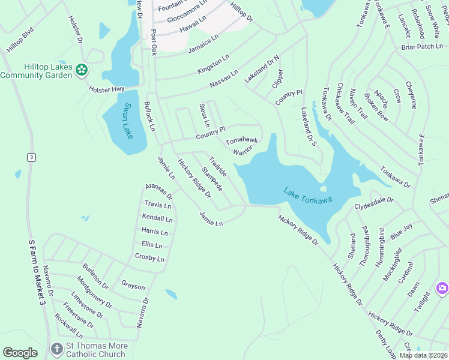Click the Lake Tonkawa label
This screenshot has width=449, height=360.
point(308,196)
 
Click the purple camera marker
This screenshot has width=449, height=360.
point(442,289)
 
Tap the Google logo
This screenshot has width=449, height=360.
point(20,353)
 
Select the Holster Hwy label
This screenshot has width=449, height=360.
point(106,89)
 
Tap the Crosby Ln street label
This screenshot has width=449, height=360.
point(149,258)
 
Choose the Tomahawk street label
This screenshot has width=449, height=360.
point(241,141)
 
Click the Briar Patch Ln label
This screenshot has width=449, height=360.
point(420,46)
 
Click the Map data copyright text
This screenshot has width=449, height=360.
point(423,355)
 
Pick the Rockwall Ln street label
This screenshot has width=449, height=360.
point(68,326)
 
